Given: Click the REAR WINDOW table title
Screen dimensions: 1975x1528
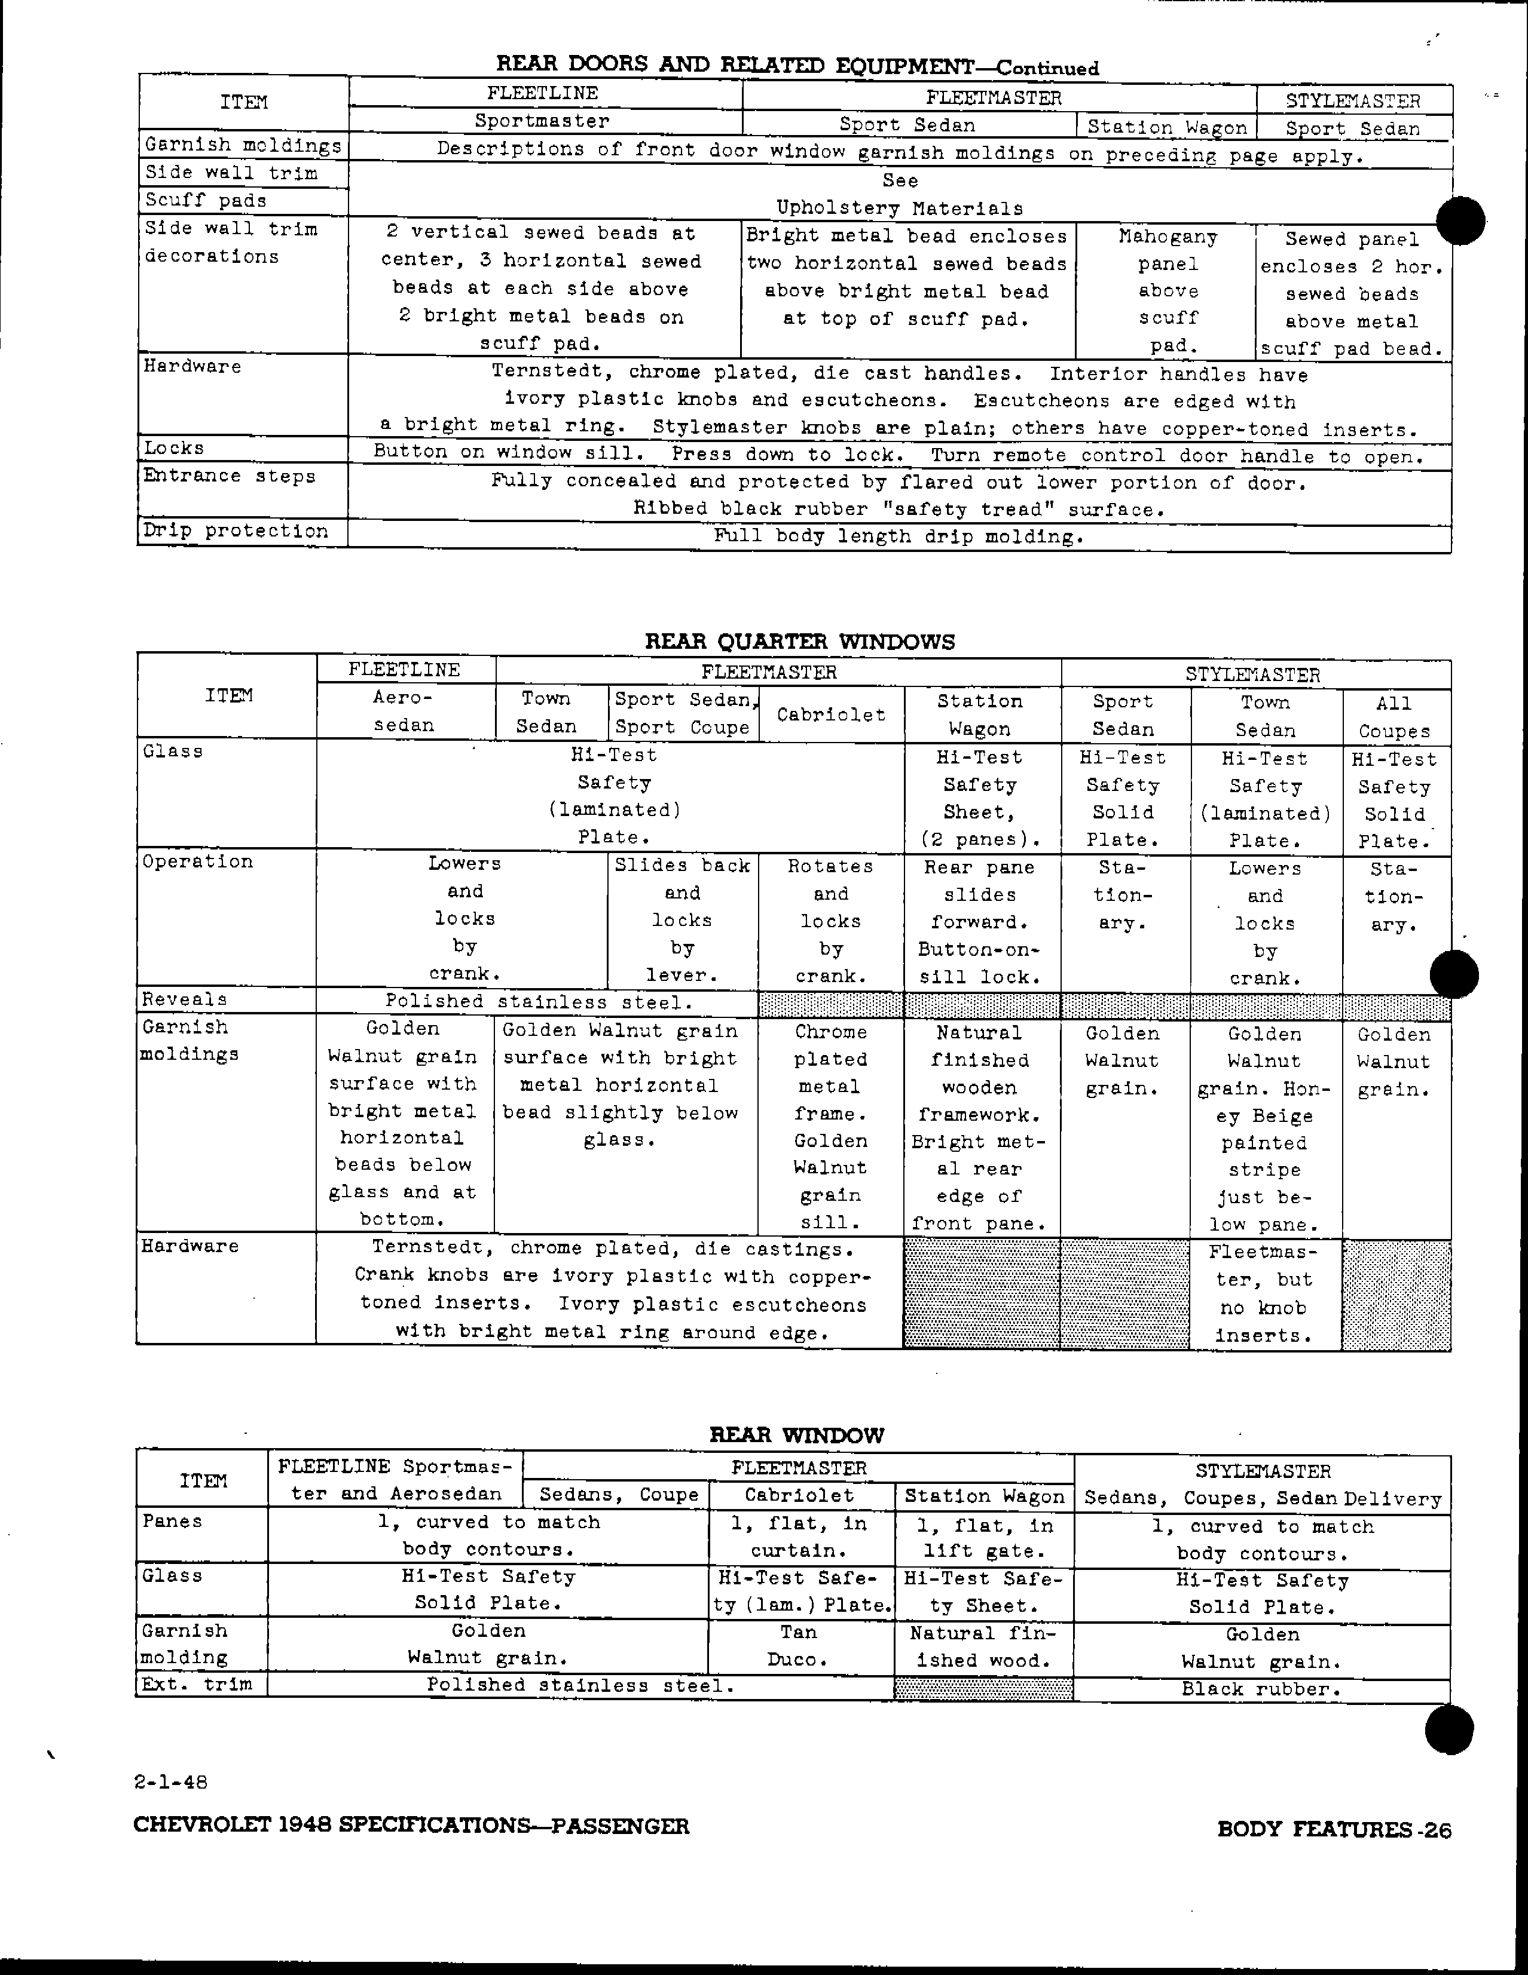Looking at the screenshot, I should click(796, 1434).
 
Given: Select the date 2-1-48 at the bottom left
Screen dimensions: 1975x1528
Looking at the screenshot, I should click(171, 1781).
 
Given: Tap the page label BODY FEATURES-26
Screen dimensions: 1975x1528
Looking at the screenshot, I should click(1334, 1829).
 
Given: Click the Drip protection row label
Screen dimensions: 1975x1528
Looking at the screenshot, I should click(235, 531).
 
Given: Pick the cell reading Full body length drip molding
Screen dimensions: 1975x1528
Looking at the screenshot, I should click(899, 537).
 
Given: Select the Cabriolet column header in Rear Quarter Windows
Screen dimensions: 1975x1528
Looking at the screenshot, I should click(830, 714).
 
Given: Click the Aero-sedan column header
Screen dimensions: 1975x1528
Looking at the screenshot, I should click(404, 712).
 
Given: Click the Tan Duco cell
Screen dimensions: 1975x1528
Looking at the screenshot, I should click(798, 1646).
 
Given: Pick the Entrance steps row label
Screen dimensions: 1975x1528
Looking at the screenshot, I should click(229, 477).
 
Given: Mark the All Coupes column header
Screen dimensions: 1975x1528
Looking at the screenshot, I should click(1393, 717).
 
